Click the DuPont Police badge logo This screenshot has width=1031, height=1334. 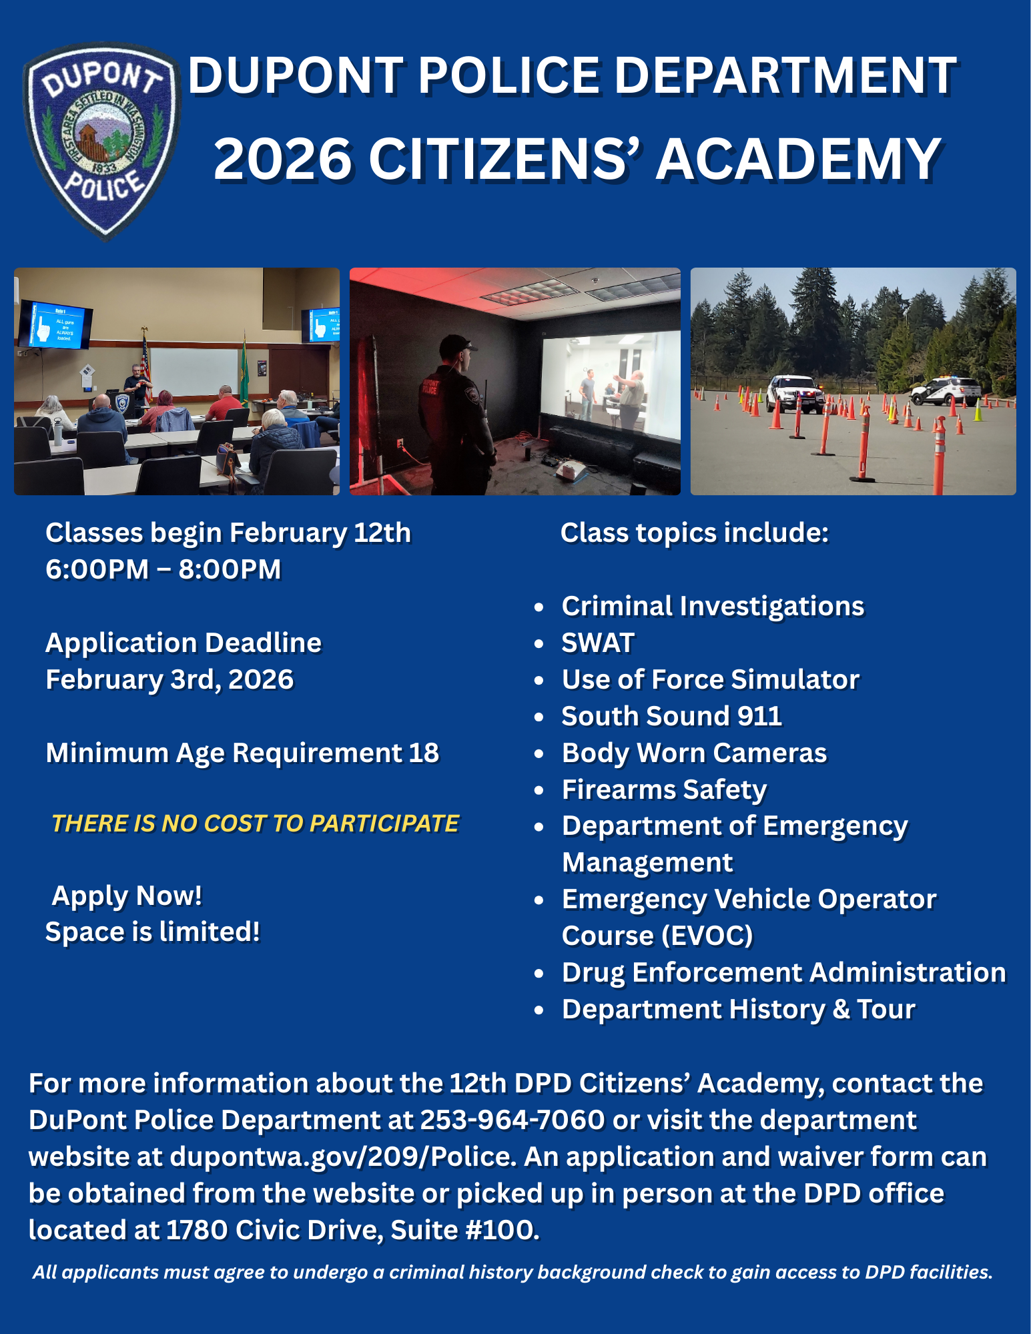(x=101, y=140)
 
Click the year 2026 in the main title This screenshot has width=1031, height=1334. (x=283, y=159)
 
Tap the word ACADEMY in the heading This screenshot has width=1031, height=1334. (x=798, y=159)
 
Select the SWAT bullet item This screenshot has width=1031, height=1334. (x=597, y=643)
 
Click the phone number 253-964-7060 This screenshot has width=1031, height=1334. (x=512, y=1120)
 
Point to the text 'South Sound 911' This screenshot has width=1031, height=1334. (x=671, y=716)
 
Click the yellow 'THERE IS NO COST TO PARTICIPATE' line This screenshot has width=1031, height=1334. (x=256, y=823)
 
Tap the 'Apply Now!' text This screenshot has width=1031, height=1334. (x=127, y=896)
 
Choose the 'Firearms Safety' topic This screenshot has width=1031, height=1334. (x=664, y=789)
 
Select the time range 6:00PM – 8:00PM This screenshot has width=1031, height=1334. (x=163, y=570)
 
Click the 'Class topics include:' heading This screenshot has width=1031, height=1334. (x=694, y=533)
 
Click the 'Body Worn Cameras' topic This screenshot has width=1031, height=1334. (x=694, y=753)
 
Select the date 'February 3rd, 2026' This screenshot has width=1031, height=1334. (x=169, y=680)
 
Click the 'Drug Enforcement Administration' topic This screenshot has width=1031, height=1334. (x=783, y=973)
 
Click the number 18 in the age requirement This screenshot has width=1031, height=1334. (x=424, y=753)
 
